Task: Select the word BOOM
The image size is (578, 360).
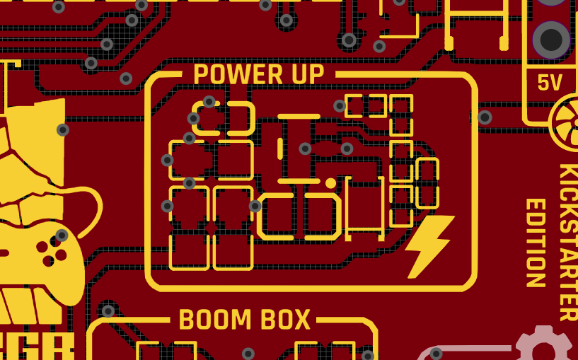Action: pos(214,320)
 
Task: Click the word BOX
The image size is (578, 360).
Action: pos(285,320)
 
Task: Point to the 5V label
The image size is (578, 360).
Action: pos(549,83)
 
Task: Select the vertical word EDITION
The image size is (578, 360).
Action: pos(536,242)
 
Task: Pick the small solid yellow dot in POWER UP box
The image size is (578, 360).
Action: pos(330,183)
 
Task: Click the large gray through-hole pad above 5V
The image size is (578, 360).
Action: pos(551,40)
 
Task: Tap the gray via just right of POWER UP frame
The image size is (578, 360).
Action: pos(485,117)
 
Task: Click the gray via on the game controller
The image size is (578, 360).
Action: pos(62,236)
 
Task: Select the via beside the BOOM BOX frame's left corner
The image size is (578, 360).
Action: pos(108,311)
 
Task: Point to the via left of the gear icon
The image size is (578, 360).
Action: pos(437,353)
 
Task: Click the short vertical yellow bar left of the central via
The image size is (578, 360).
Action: pos(280,149)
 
